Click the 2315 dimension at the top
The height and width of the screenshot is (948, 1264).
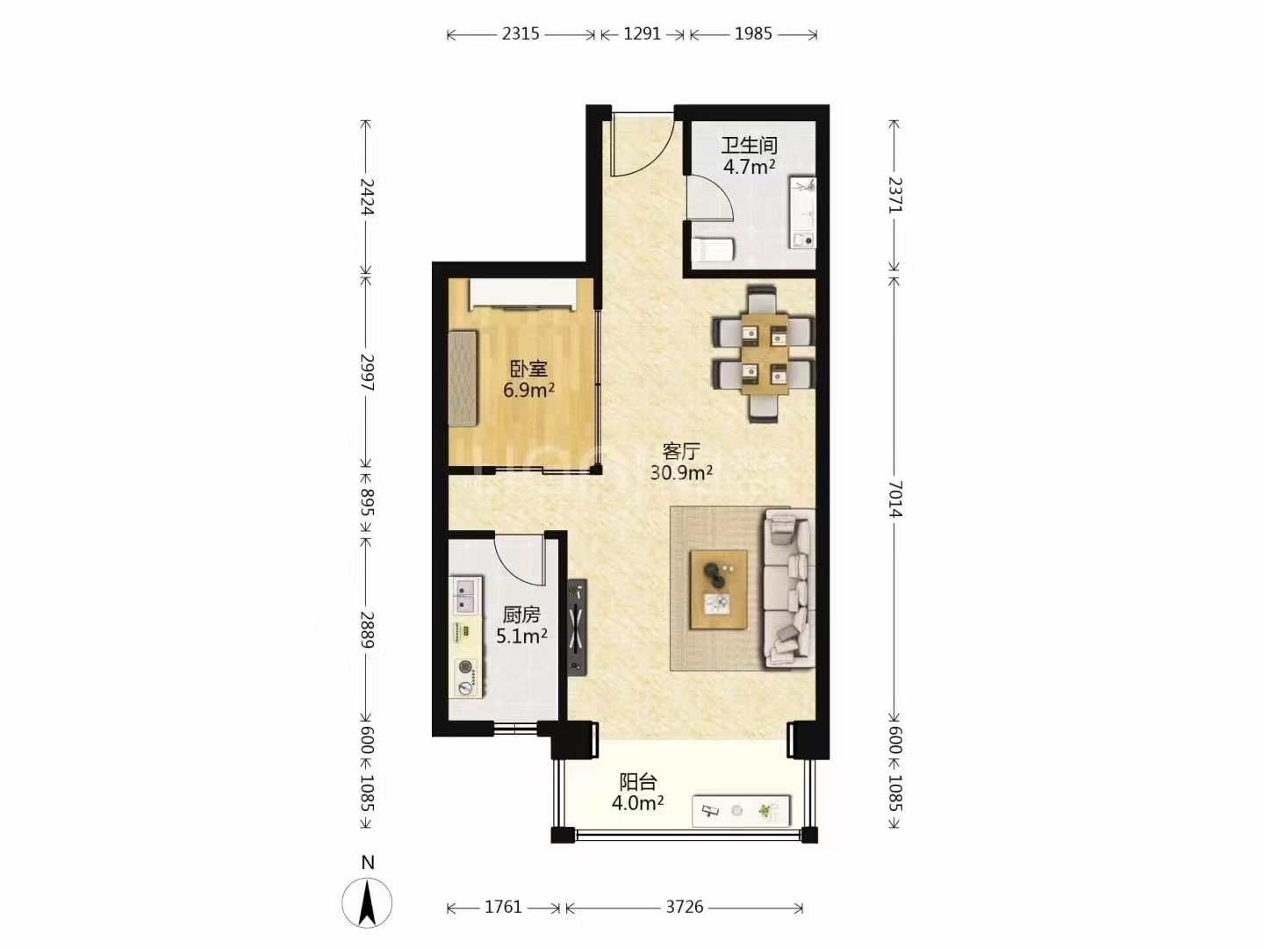(x=521, y=34)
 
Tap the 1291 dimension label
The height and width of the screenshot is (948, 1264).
(x=642, y=34)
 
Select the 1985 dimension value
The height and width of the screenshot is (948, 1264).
(x=753, y=34)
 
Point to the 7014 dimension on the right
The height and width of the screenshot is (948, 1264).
(x=894, y=499)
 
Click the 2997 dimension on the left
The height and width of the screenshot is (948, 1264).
(x=367, y=372)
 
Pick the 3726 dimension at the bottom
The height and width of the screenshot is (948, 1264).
(x=685, y=907)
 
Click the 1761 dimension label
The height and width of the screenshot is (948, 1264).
(x=503, y=907)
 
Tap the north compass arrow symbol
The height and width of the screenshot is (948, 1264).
(x=367, y=902)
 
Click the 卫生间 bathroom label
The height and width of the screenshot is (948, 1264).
(x=750, y=145)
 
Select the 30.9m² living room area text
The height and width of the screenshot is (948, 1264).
(x=681, y=472)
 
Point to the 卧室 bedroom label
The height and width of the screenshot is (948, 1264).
(x=528, y=369)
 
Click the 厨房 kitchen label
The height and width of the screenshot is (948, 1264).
(x=521, y=614)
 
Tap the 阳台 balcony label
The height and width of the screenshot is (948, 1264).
(x=638, y=781)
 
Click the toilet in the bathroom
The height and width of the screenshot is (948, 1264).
(x=713, y=251)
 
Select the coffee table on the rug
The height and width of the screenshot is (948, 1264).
(x=719, y=589)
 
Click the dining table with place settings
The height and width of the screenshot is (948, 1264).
(x=765, y=354)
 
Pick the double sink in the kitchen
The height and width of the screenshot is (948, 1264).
(x=466, y=596)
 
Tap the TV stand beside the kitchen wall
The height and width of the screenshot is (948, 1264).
(x=577, y=627)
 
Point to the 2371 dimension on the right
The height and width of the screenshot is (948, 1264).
(x=894, y=196)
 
